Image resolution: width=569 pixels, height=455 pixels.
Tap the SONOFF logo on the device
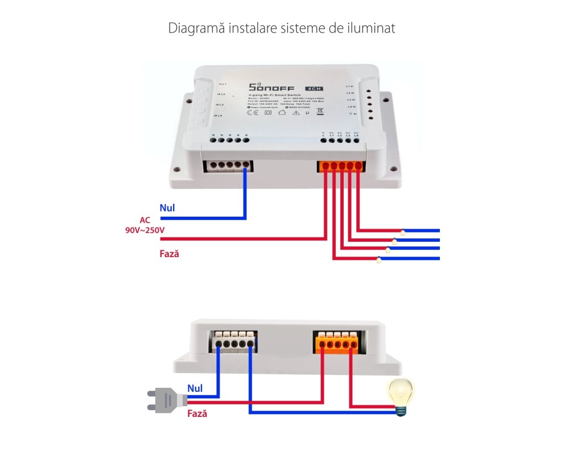(270, 88)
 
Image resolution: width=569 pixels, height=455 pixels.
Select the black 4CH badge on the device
(312, 88)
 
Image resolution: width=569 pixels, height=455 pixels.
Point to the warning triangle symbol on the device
(296, 113)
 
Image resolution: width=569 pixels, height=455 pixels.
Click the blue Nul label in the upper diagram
(167, 208)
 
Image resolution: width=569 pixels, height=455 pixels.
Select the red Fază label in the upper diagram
(170, 253)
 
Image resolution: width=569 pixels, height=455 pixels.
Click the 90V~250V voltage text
(145, 230)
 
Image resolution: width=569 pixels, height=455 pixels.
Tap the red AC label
(146, 220)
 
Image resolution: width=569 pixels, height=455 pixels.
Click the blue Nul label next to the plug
(195, 387)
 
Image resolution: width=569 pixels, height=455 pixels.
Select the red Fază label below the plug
(197, 414)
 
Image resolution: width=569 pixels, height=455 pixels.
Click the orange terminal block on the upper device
(340, 166)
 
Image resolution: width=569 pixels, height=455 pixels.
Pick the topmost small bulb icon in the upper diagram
(403, 232)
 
